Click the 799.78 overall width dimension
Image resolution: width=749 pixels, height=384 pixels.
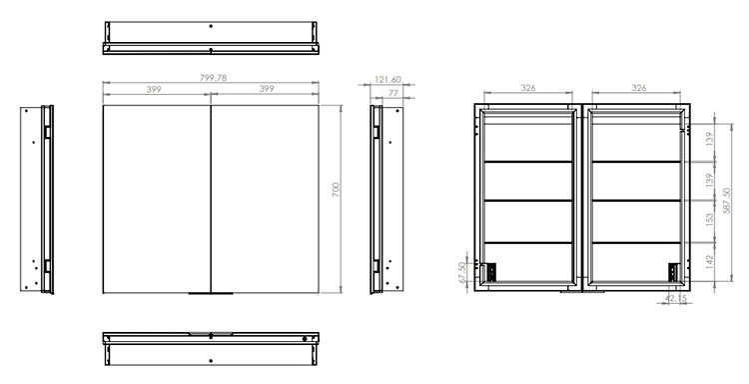coord(213,78)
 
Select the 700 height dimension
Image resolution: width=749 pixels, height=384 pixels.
coord(336,190)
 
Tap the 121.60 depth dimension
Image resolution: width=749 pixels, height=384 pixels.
coord(387,80)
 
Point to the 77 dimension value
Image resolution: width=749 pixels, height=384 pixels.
coord(393,93)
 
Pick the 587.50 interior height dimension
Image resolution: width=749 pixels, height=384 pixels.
coord(727,200)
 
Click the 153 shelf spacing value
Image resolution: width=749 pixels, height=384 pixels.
coord(709,219)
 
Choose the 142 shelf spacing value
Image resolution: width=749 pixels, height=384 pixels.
coord(709,261)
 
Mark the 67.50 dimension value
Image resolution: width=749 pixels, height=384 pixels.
coord(462,273)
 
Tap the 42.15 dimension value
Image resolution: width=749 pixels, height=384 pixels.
coord(675,298)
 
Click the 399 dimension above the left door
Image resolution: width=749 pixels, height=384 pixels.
coord(154,89)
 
